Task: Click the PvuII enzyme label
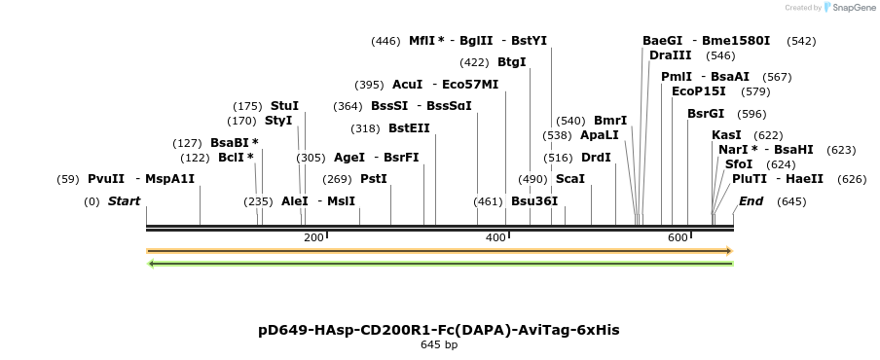pyautogui.click(x=106, y=179)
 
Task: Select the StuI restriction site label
pyautogui.click(x=284, y=106)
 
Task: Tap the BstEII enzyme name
pyautogui.click(x=409, y=128)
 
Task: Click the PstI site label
pyautogui.click(x=374, y=179)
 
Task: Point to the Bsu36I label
pyautogui.click(x=534, y=201)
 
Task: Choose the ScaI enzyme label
pyautogui.click(x=569, y=179)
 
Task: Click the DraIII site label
pyautogui.click(x=670, y=55)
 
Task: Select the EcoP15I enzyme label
pyautogui.click(x=699, y=91)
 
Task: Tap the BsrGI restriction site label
pyautogui.click(x=706, y=114)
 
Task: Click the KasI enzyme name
pyautogui.click(x=726, y=135)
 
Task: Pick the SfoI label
pyautogui.click(x=739, y=164)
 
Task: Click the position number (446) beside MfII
pyautogui.click(x=385, y=41)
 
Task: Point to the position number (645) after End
pyautogui.click(x=792, y=201)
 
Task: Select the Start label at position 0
pyautogui.click(x=124, y=201)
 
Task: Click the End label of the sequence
pyautogui.click(x=751, y=201)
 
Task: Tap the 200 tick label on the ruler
pyautogui.click(x=313, y=238)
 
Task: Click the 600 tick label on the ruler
pyautogui.click(x=678, y=238)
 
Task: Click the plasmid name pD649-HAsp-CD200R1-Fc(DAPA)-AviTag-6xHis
pyautogui.click(x=439, y=330)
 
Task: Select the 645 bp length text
pyautogui.click(x=439, y=344)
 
